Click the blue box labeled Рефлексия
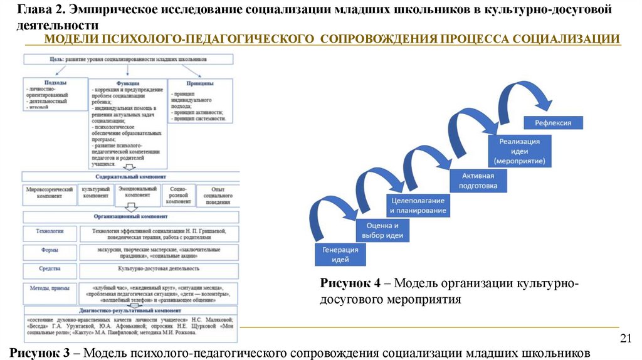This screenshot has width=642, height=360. point(553,123)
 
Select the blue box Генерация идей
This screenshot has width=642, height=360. point(340,254)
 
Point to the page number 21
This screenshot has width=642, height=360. point(624,339)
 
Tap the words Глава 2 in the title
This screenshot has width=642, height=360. point(39,11)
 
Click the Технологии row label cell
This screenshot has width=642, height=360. point(51,233)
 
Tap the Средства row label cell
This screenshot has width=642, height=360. point(51,270)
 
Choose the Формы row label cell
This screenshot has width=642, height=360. point(51,251)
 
